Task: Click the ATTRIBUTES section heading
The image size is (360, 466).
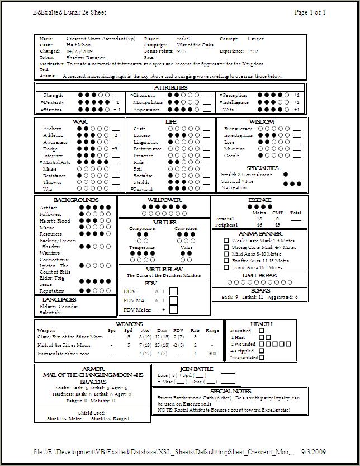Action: (x=170, y=88)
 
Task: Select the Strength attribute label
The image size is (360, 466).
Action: (x=53, y=96)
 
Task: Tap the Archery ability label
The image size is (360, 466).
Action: (x=53, y=129)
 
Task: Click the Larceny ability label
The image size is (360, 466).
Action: (x=142, y=135)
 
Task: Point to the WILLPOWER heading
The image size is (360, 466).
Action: (x=164, y=200)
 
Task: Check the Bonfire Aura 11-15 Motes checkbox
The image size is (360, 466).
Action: (x=226, y=261)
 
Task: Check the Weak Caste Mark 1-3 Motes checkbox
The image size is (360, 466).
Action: (x=226, y=241)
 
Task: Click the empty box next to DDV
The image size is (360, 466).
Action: (x=173, y=291)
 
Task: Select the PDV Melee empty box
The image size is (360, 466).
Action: (x=173, y=309)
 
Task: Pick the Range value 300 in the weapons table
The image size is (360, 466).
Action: (x=212, y=354)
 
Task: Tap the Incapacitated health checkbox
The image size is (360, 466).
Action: (x=262, y=357)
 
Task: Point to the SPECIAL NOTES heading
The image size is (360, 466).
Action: (x=231, y=391)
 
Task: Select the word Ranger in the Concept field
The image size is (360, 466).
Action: (x=255, y=39)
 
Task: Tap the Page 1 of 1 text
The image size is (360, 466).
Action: (x=310, y=12)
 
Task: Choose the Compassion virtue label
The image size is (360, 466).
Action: (x=142, y=228)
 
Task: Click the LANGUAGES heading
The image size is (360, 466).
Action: (x=59, y=300)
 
